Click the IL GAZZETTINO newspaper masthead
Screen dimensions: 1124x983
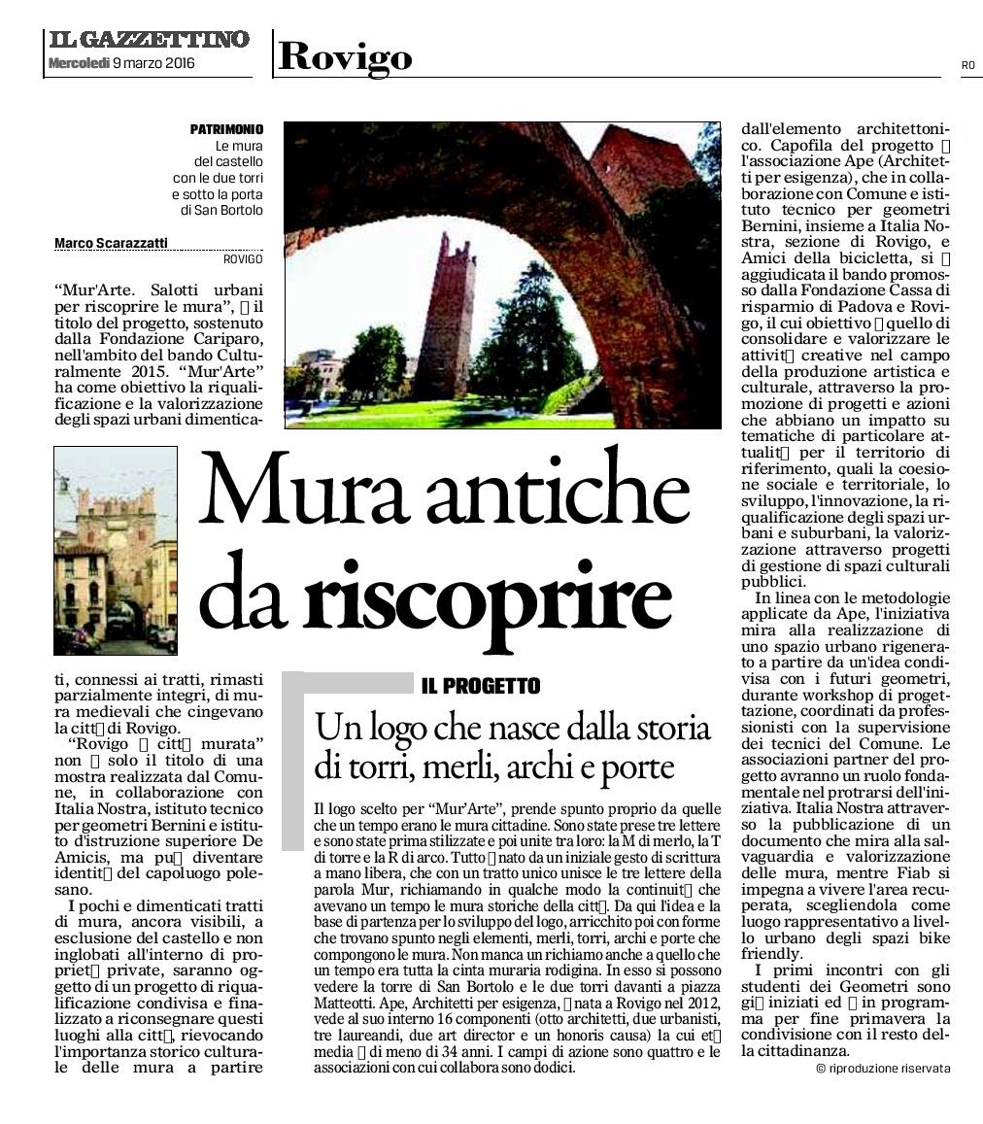[x=148, y=40]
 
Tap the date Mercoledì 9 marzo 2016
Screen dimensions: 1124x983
[x=120, y=63]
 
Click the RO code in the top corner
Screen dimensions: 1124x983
[x=967, y=65]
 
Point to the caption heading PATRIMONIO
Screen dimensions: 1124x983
[x=226, y=129]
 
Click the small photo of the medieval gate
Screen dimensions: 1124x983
[x=116, y=550]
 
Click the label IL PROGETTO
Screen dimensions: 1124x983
[x=481, y=687]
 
